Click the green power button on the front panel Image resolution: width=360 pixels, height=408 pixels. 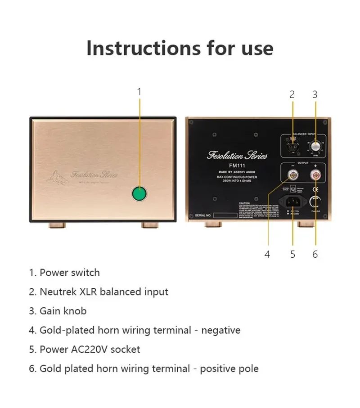pos(139,194)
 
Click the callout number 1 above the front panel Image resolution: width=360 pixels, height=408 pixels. pos(139,92)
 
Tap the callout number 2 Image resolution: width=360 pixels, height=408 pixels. pos(292,94)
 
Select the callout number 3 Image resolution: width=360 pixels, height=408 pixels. pos(315,94)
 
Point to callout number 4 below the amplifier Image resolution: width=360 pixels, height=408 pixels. pos(267,254)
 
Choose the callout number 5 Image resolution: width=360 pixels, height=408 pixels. pos(292,254)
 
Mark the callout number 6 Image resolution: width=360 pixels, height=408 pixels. pos(315,254)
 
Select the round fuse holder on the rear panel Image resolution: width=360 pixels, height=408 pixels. pos(316,202)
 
